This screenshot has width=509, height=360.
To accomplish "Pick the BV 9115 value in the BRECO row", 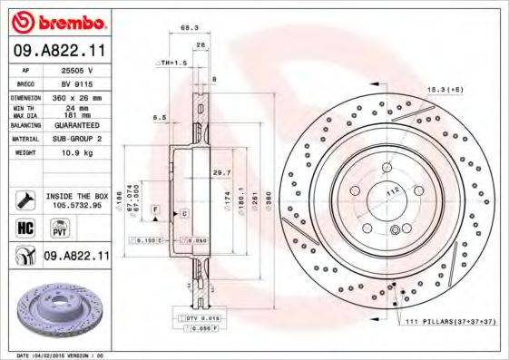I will [76, 83].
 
